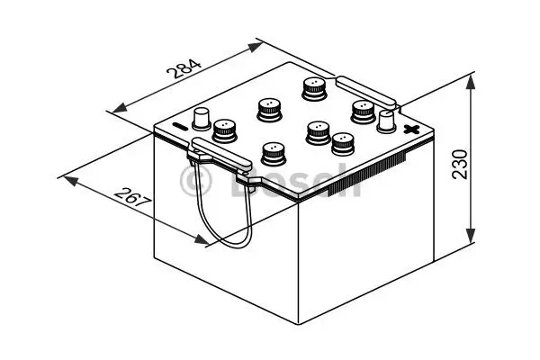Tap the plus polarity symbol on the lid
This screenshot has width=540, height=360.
click(x=411, y=130)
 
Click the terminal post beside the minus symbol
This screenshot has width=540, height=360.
click(x=202, y=117)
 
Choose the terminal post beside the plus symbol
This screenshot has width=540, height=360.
click(x=387, y=119)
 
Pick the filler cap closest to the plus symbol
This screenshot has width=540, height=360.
click(x=363, y=110)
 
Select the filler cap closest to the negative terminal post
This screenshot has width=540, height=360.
click(x=223, y=131)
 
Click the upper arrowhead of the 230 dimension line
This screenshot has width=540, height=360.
click(x=470, y=81)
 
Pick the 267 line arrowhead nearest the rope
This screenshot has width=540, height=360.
click(x=206, y=241)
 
